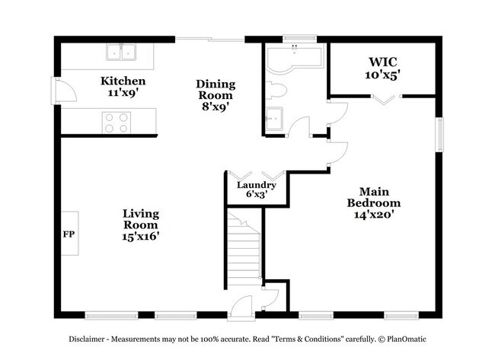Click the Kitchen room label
[x=123, y=81]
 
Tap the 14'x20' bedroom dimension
[x=373, y=215]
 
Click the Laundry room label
[x=256, y=185]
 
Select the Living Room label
[x=140, y=219]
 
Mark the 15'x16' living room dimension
[x=140, y=237]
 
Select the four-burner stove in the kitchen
[x=116, y=122]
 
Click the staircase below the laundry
[x=244, y=247]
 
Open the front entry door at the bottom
[x=242, y=306]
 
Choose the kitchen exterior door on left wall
[x=63, y=94]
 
